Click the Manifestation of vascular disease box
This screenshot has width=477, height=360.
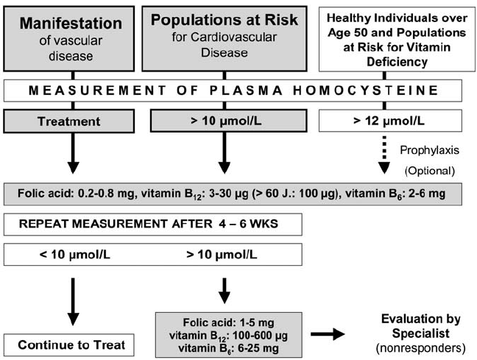[x=69, y=38]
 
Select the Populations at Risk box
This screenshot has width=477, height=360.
[x=225, y=38]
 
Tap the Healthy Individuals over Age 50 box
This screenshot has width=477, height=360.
[x=397, y=39]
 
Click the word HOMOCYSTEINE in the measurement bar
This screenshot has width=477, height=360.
[x=365, y=91]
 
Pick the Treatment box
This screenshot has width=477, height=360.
[x=69, y=121]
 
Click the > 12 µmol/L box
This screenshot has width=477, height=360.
[x=390, y=121]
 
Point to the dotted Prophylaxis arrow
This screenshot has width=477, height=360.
[x=384, y=155]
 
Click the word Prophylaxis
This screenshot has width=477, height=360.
[x=429, y=150]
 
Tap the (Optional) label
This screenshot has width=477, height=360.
[x=430, y=171]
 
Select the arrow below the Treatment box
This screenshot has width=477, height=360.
[x=73, y=153]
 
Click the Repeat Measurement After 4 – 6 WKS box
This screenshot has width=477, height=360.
[x=152, y=225]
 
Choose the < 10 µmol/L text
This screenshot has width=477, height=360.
[x=75, y=255]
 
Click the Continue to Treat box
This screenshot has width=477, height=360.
[x=69, y=345]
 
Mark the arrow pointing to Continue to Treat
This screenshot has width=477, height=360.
[x=73, y=302]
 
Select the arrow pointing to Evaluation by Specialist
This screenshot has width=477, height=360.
[x=328, y=333]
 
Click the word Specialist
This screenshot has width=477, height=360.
[x=421, y=333]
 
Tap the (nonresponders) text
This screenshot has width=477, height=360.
[x=421, y=347]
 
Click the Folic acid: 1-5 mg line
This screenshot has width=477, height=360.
[x=228, y=322]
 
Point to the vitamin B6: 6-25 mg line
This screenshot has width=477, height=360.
[x=228, y=348]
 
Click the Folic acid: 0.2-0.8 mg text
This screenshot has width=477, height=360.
[x=76, y=193]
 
